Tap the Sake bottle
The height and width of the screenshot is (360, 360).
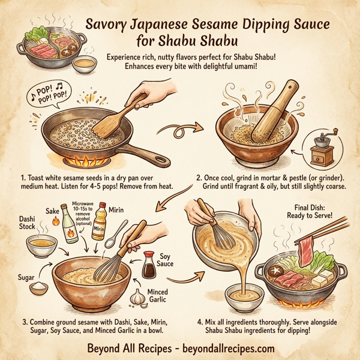[70, 225]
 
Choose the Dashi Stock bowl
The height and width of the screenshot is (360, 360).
[42, 244]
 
